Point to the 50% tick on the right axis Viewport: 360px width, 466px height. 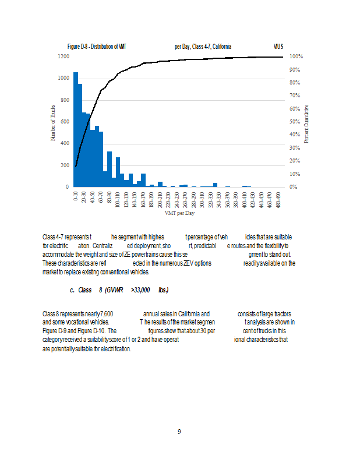click(x=295, y=122)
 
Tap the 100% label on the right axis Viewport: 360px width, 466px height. click(x=296, y=57)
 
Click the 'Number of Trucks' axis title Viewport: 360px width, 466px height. click(x=53, y=122)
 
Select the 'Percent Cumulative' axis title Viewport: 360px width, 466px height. click(x=306, y=123)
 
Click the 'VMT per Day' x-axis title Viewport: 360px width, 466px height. click(x=179, y=213)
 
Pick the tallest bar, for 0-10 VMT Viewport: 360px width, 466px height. click(x=76, y=129)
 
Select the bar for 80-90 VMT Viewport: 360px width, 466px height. click(x=110, y=169)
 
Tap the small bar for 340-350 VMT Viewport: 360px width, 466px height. click(x=215, y=185)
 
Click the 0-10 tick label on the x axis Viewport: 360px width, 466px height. click(x=76, y=195)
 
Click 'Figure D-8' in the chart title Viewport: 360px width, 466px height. click(x=81, y=46)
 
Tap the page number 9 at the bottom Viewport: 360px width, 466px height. click(x=179, y=432)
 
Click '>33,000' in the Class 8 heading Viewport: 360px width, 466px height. click(x=141, y=290)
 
